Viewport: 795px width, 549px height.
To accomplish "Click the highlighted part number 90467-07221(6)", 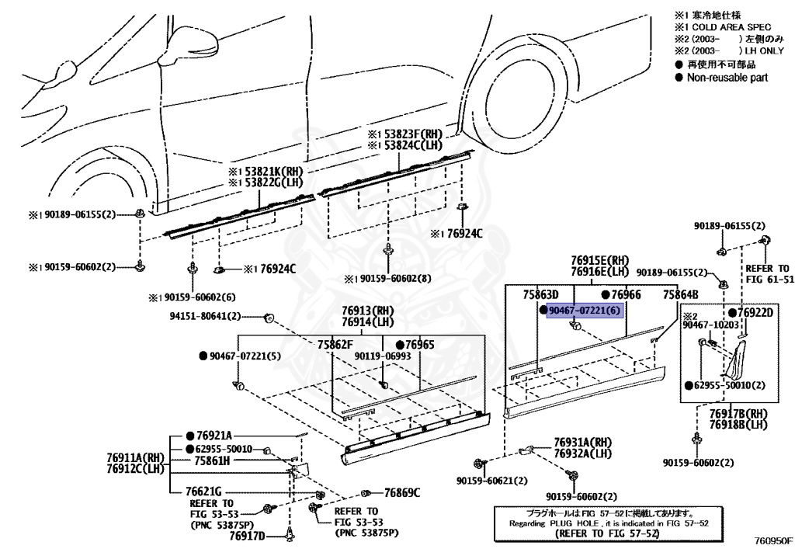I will point(585,311).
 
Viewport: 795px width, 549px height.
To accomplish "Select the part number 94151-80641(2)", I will point(205,316).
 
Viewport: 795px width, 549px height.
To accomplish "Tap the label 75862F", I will point(335,344).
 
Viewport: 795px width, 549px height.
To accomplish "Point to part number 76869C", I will point(401,492).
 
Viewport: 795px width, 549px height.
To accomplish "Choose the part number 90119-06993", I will point(383,356).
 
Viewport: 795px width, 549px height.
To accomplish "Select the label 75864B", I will point(681,295).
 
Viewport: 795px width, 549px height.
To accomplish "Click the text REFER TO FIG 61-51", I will point(769,273).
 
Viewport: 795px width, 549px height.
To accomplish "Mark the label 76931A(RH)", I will point(583,442).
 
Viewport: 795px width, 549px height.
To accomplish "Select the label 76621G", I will point(204,492).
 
